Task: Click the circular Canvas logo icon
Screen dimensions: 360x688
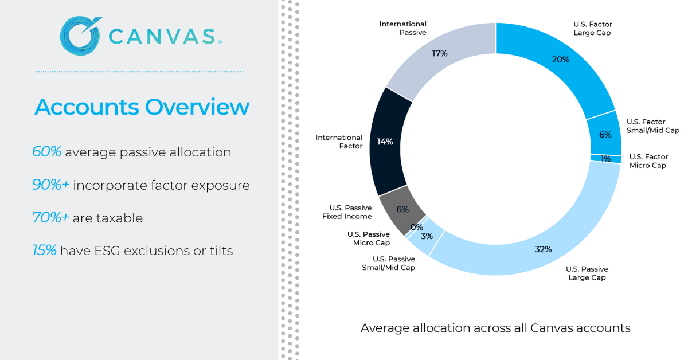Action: (x=80, y=36)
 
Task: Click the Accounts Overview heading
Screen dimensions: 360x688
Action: (x=142, y=107)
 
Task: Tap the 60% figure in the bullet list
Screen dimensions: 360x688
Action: (x=47, y=152)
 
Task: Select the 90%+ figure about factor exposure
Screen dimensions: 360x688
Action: (x=50, y=185)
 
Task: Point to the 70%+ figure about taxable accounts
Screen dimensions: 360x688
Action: (x=50, y=218)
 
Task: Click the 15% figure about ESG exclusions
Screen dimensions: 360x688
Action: (x=44, y=251)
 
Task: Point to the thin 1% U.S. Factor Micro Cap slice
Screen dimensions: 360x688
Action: (x=605, y=159)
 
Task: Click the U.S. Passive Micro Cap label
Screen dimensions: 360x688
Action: (x=368, y=238)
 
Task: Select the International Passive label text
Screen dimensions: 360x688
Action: (x=402, y=28)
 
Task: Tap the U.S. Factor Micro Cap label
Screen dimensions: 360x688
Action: (x=648, y=161)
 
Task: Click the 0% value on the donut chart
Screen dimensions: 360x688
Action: (x=416, y=227)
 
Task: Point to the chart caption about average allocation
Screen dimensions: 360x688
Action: (x=495, y=328)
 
